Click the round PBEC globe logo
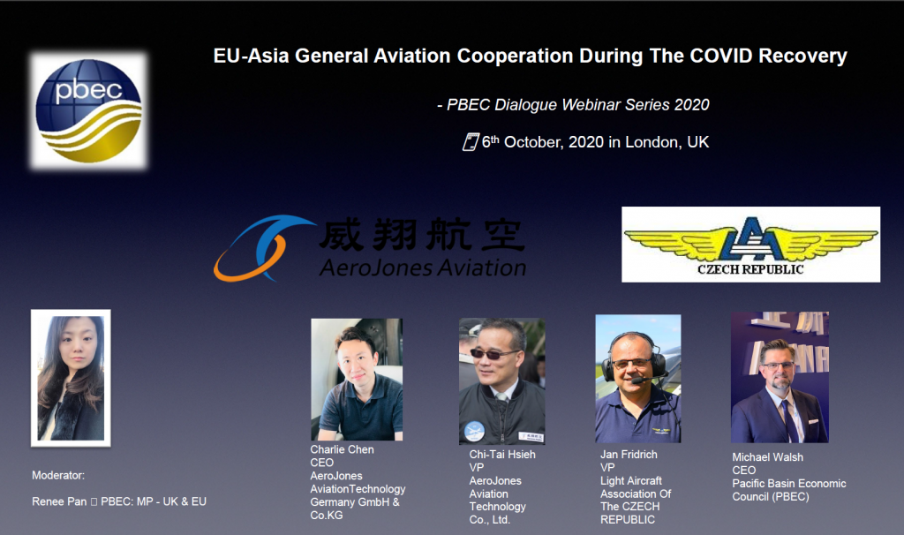coord(89,110)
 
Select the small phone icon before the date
coord(471,142)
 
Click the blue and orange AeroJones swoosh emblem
coord(262,248)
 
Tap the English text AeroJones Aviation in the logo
coord(423,267)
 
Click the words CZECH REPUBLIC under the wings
coord(750,269)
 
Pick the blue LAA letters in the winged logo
coord(751,238)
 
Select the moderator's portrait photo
coord(71,378)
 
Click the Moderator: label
coord(58,476)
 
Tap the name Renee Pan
coord(59,501)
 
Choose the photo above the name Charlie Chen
coord(357,380)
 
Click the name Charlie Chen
coord(342,449)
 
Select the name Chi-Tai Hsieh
coord(502,455)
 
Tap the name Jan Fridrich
coord(629,455)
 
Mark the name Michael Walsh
coord(767,457)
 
